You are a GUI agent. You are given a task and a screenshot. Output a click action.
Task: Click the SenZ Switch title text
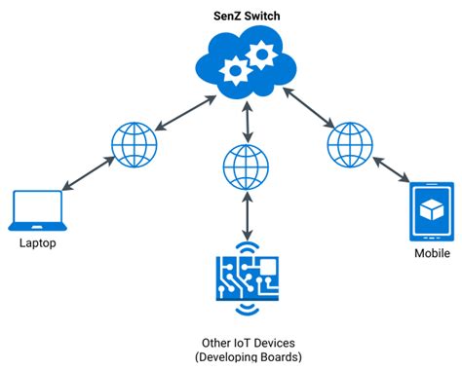coord(249,17)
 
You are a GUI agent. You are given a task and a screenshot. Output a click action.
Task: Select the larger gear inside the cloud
coord(261,55)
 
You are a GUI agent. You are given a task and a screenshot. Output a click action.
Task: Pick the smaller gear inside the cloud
coord(234,69)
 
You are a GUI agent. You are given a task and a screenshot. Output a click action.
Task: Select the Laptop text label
coord(37,243)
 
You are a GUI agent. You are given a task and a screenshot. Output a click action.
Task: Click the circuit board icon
coord(248,282)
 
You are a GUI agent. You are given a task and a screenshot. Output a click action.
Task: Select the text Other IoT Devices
coord(248,343)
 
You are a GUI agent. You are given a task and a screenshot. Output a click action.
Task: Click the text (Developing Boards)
coord(248,357)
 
